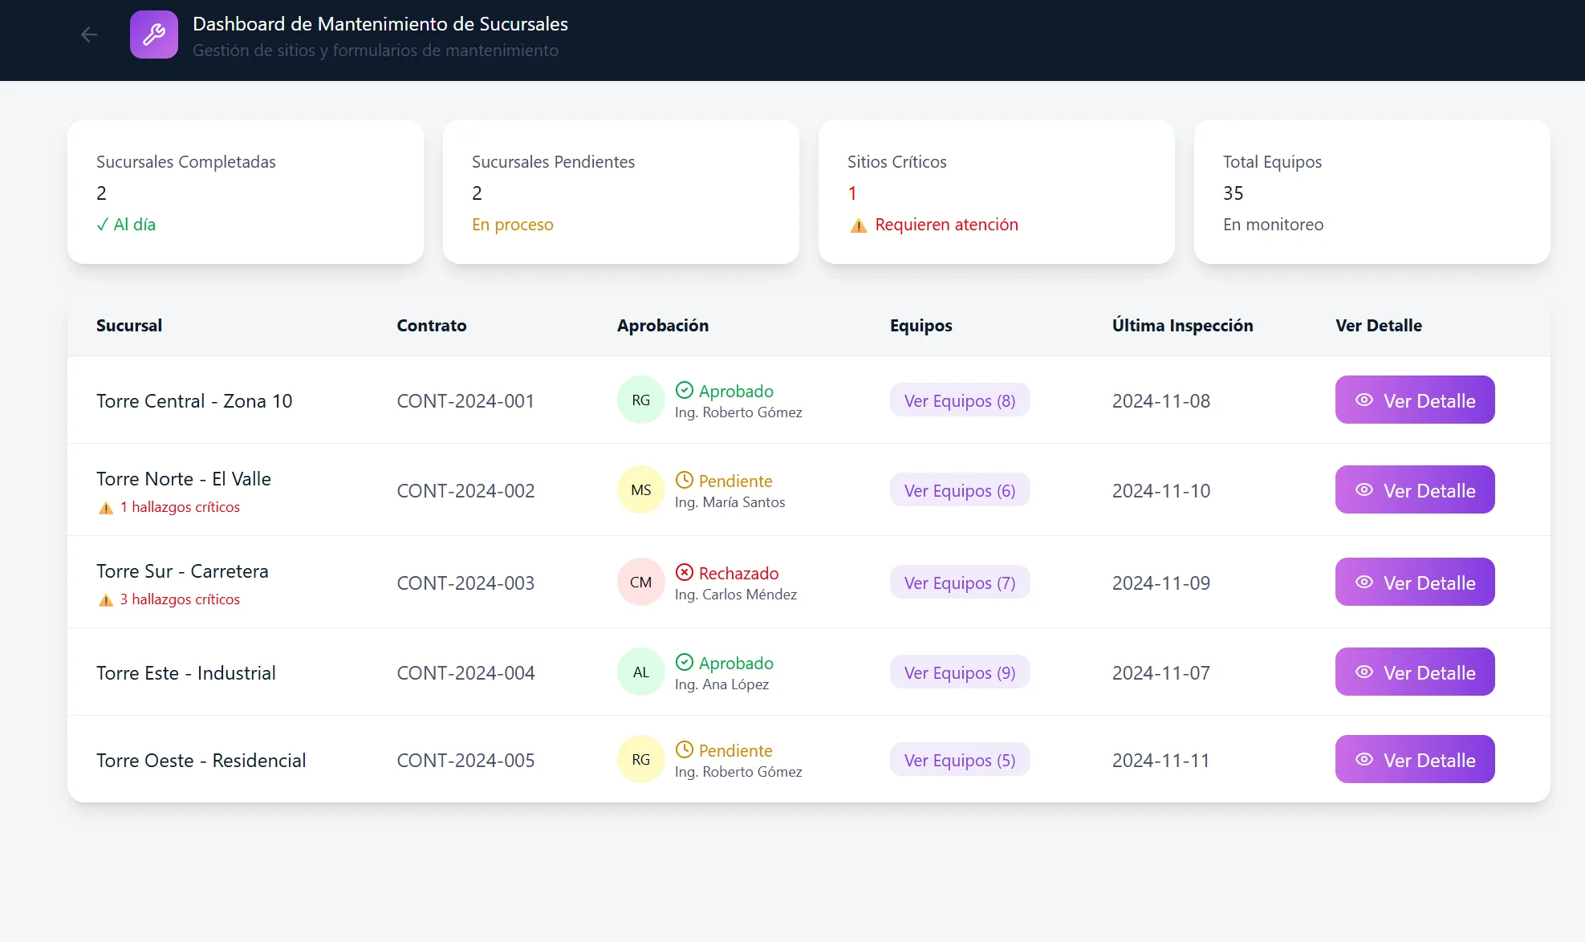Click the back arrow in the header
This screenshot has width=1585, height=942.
tap(89, 35)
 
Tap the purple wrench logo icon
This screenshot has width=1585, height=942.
tap(154, 35)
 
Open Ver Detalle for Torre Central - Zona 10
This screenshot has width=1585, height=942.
tap(1414, 400)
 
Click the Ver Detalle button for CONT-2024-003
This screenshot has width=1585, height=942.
tap(1414, 582)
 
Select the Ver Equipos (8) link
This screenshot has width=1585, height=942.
tap(959, 400)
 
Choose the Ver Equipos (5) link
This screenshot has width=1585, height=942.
tap(959, 760)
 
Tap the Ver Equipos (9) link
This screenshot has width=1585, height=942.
tap(959, 672)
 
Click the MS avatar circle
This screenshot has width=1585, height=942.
tap(640, 489)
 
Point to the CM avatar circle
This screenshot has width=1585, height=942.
tap(640, 582)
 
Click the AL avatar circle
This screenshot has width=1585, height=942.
tap(640, 672)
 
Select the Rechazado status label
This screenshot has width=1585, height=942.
tap(738, 573)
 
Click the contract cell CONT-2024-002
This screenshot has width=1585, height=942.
tap(465, 490)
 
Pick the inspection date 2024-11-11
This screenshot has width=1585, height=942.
tap(1160, 760)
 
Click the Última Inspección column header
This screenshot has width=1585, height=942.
tap(1182, 325)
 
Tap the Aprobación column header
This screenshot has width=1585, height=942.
tap(662, 325)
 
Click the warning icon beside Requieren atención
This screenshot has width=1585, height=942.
tap(859, 225)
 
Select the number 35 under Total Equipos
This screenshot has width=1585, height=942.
tap(1233, 193)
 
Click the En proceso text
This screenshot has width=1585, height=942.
tap(512, 225)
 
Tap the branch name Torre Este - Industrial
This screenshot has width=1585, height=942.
tap(185, 672)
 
